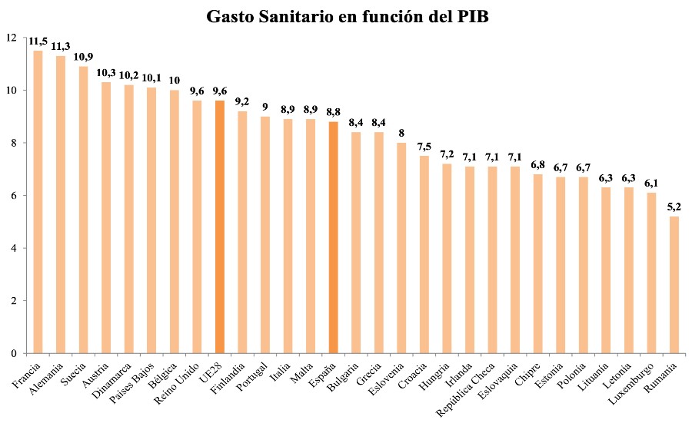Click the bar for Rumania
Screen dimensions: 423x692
[674, 285]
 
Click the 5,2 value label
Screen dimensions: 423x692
[674, 207]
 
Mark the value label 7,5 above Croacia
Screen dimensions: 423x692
[424, 147]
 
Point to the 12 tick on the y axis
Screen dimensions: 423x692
[10, 38]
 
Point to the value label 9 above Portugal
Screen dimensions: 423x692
[264, 107]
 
